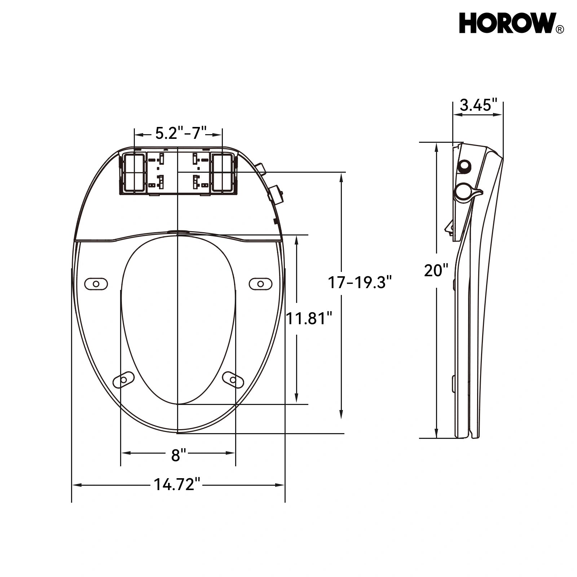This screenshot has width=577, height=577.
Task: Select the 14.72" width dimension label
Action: [177, 484]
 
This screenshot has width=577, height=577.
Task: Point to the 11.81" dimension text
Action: [309, 319]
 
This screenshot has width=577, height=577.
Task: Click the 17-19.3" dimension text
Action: [359, 282]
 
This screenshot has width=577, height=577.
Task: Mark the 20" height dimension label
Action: [436, 270]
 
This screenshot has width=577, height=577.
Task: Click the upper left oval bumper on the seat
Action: [96, 284]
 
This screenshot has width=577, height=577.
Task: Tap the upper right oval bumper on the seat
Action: [260, 284]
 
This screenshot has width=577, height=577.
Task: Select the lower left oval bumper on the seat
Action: [123, 380]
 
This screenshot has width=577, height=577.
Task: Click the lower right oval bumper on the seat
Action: [233, 380]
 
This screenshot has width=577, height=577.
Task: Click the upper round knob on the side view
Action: [464, 166]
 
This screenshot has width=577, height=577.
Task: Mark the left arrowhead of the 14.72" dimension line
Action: [76, 485]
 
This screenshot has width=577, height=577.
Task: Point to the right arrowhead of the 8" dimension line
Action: [232, 453]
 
